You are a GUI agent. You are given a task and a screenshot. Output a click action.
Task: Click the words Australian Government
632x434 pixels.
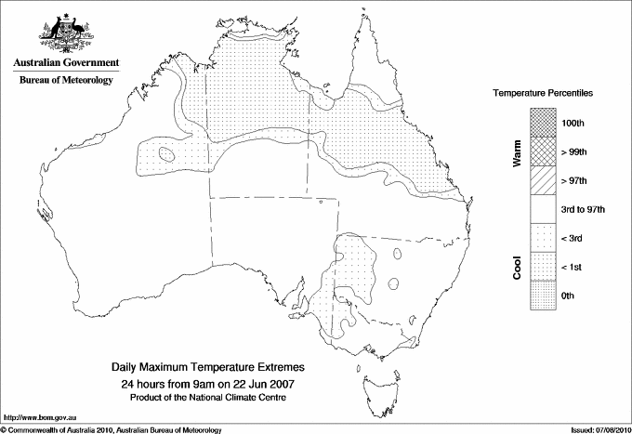pyautogui.click(x=65, y=63)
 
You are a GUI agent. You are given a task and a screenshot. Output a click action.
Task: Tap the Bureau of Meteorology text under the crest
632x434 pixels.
pyautogui.click(x=65, y=80)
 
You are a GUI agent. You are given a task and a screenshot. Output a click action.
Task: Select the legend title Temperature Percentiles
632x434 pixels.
pyautogui.click(x=543, y=95)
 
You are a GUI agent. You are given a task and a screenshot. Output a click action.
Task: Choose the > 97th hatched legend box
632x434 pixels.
pyautogui.click(x=544, y=181)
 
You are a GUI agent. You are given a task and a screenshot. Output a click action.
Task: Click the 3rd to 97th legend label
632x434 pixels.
pyautogui.click(x=584, y=210)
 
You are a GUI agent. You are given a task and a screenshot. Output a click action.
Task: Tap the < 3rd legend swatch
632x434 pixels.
pyautogui.click(x=544, y=239)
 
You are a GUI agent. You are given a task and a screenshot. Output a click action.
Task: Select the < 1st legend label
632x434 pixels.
pyautogui.click(x=573, y=268)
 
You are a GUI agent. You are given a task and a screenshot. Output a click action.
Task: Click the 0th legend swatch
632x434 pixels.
pyautogui.click(x=544, y=296)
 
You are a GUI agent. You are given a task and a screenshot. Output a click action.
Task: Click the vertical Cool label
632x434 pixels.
pyautogui.click(x=517, y=268)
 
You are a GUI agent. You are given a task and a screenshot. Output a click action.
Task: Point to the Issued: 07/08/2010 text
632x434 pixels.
pyautogui.click(x=596, y=428)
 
